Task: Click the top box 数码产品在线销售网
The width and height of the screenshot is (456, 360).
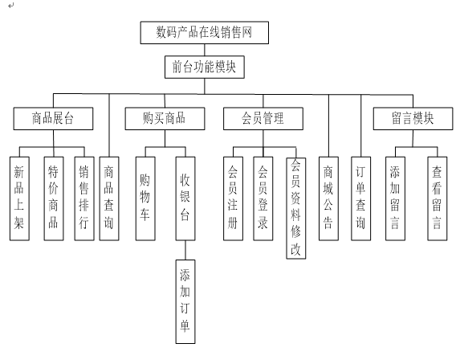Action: (205, 33)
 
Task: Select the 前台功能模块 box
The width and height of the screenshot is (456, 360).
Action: (205, 67)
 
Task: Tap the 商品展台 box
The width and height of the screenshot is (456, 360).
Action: (53, 119)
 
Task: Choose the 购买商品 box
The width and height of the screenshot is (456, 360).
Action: (165, 119)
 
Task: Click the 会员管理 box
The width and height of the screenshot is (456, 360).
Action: (263, 119)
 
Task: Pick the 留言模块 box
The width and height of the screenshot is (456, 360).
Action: (413, 119)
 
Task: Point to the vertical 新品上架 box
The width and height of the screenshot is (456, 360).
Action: (19, 198)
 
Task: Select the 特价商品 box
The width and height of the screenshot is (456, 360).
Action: (54, 198)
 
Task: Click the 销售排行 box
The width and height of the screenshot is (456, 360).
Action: (84, 198)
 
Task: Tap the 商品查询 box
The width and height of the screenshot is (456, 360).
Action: (109, 198)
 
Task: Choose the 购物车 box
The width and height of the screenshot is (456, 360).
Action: (145, 198)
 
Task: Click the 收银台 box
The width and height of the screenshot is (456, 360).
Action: (185, 198)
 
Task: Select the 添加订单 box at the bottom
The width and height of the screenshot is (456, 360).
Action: (185, 302)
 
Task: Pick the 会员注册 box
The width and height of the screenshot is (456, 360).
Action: (234, 198)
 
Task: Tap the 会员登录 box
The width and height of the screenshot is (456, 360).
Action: (263, 198)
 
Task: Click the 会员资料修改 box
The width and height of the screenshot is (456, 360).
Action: (296, 208)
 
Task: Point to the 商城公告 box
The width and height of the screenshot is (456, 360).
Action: (328, 198)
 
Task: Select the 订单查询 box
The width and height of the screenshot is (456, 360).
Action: (361, 198)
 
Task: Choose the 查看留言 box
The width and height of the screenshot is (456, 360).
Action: (438, 198)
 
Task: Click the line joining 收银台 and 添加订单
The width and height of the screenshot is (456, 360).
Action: (185, 250)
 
